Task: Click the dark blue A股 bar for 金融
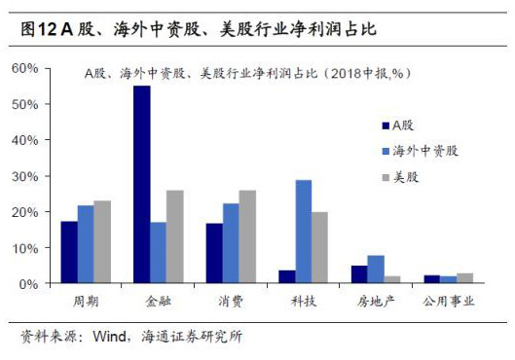142,185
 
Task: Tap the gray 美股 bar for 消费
247,236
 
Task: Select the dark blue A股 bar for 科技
287,276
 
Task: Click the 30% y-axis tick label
25,176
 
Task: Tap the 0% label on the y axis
29,283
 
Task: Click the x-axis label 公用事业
449,303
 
